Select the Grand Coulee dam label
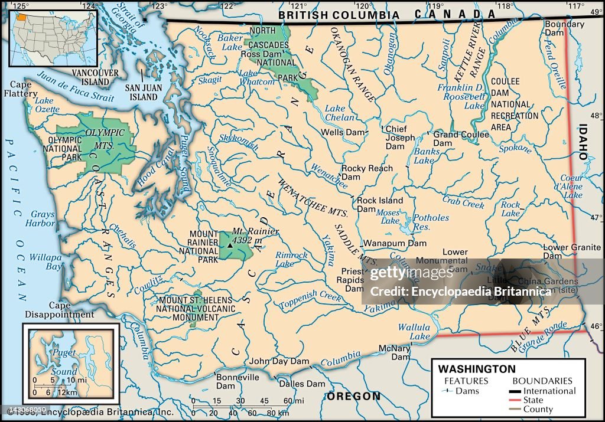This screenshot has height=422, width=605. pos(461,135)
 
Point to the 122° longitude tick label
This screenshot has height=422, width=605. pos(228,6)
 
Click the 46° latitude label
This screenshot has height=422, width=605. pos(596,325)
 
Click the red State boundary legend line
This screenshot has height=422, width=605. pos(525,400)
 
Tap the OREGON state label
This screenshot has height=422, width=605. pos(354,395)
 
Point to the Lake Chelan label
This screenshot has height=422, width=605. pos(340,113)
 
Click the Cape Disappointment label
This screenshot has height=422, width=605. pos(55,310)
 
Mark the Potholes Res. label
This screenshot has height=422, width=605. pos(431,222)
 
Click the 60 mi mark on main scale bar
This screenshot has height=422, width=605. pos(288,401)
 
